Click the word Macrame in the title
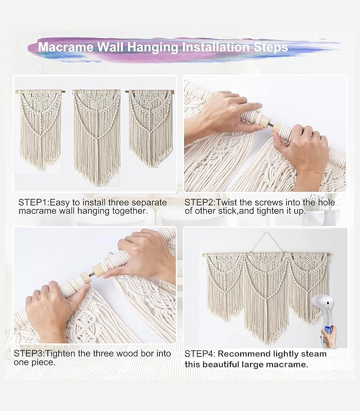tap(66, 47)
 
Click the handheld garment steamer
tap(323, 317)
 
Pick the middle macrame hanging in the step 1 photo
tap(97, 137)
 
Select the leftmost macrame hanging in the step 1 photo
tap(41, 129)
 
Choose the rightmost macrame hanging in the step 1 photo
tap(150, 128)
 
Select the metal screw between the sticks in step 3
tap(92, 274)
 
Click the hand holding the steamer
tap(329, 337)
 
